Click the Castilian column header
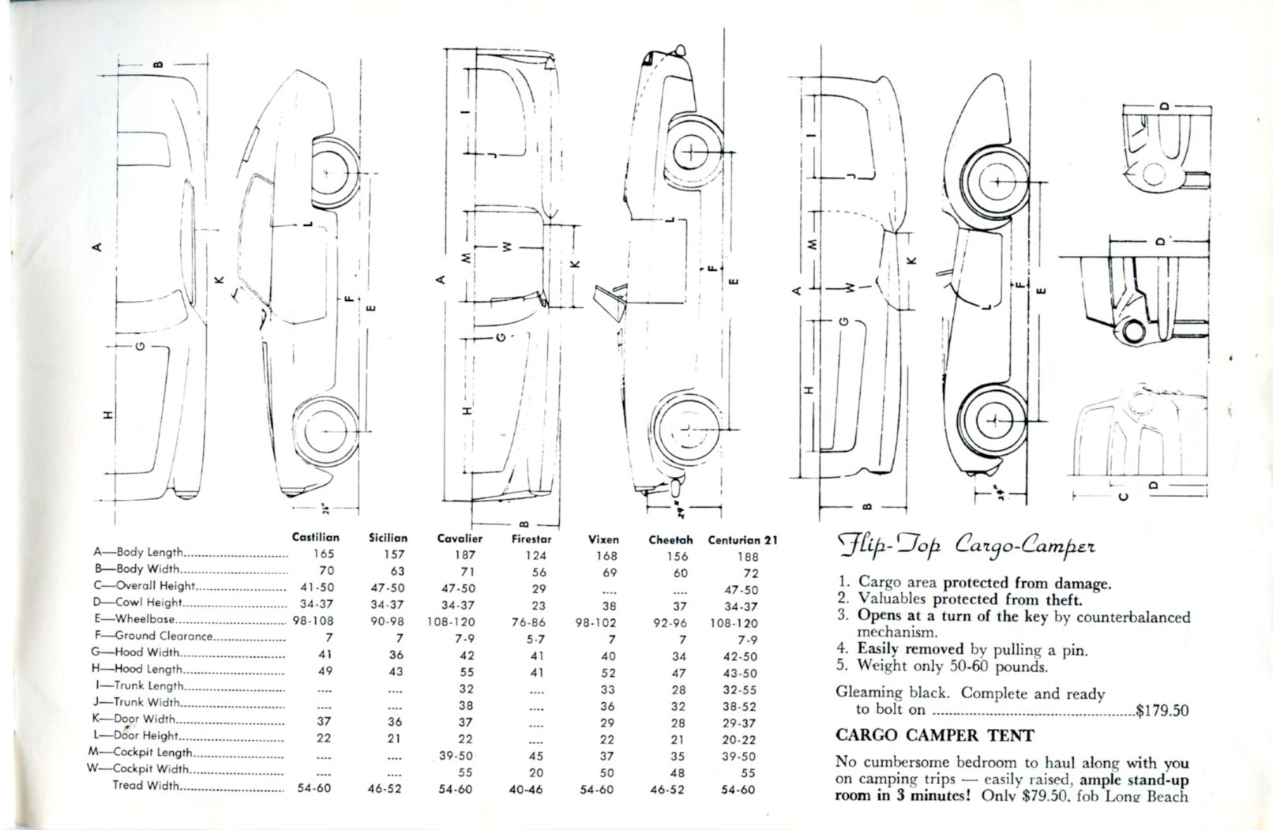click(315, 538)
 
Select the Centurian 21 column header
click(742, 540)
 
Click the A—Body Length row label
click(138, 553)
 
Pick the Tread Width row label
click(146, 786)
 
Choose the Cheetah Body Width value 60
click(681, 573)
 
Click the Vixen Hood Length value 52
click(607, 673)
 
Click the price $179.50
click(1162, 710)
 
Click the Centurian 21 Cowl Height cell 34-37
click(741, 607)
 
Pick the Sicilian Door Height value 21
click(395, 738)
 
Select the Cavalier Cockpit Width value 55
click(466, 772)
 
